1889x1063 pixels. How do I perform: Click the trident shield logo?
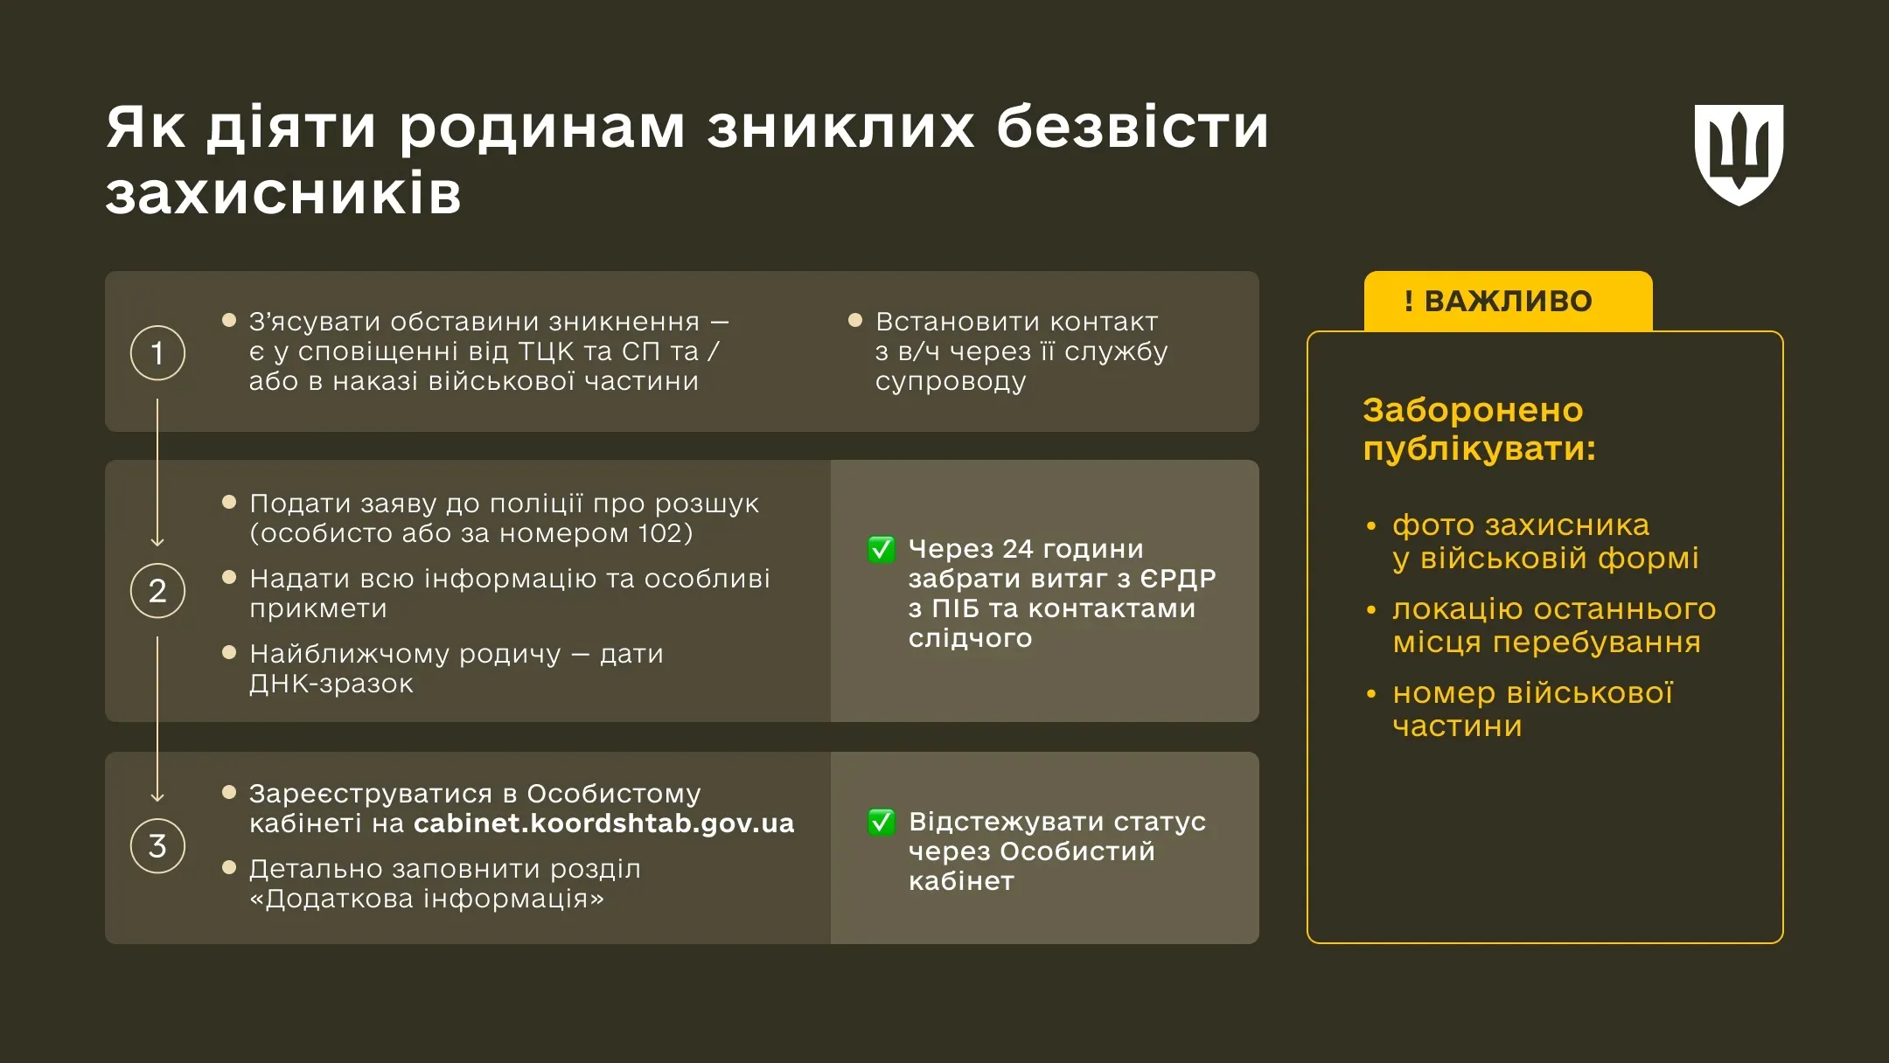point(1739,155)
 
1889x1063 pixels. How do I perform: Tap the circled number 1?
point(157,353)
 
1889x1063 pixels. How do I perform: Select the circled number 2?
point(157,591)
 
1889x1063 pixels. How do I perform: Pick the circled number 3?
point(157,845)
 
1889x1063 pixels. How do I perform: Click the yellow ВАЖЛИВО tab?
point(1508,301)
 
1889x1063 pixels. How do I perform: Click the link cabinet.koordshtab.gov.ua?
point(603,823)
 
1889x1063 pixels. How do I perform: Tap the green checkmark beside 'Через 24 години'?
point(881,549)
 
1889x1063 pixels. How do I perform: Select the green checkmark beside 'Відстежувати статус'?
point(881,822)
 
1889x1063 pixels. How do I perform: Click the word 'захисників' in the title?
point(283,194)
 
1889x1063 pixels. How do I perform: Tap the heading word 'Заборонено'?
point(1473,410)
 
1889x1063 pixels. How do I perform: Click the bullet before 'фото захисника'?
point(1371,526)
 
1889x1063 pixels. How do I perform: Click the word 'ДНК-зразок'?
point(331,684)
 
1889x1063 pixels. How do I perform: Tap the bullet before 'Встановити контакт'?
point(855,321)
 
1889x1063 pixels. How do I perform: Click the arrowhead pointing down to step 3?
point(157,797)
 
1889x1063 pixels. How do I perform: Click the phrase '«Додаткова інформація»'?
point(427,899)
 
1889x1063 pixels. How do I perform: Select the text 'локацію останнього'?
point(1553,609)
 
